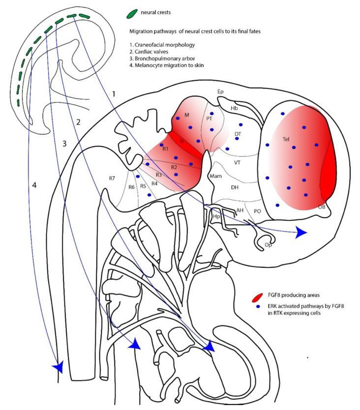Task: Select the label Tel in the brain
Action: tap(286, 139)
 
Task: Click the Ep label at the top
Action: tap(221, 91)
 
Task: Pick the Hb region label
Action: tap(234, 107)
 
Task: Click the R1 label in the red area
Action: tap(165, 149)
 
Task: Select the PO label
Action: tap(257, 211)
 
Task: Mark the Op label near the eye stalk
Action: tap(268, 244)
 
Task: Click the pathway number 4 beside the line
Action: tap(34, 185)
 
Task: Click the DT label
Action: tap(238, 134)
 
